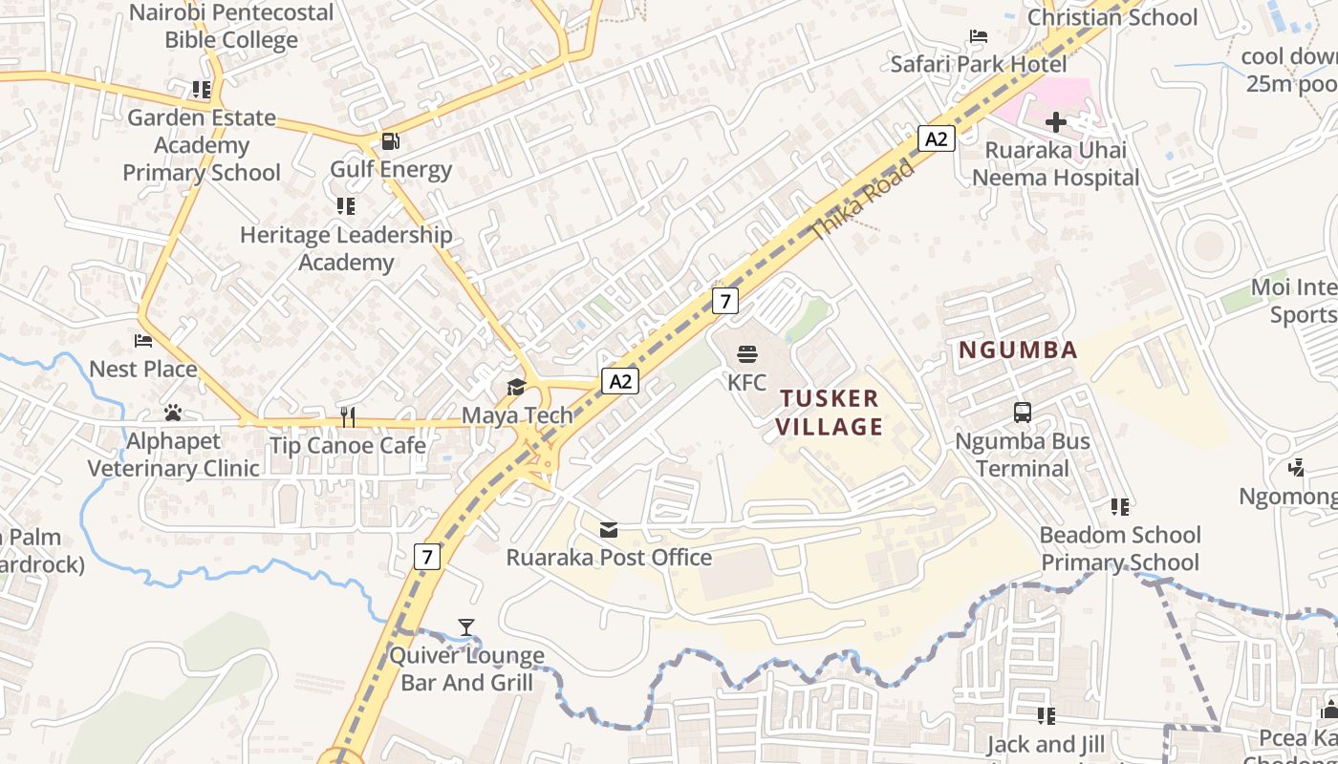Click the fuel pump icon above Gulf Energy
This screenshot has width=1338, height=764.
(390, 141)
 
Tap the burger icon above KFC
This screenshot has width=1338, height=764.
(747, 355)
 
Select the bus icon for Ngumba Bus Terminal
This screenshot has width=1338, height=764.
(1023, 413)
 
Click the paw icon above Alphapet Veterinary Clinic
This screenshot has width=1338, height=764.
(173, 413)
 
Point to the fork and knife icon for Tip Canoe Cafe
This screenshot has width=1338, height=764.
(348, 416)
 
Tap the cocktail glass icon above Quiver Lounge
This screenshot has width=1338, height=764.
(465, 627)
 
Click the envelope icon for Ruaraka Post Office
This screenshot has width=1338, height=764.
(609, 529)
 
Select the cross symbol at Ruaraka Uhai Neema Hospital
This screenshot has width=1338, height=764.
(1055, 121)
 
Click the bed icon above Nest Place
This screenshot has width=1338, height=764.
(143, 341)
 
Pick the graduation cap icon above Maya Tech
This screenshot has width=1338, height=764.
(516, 387)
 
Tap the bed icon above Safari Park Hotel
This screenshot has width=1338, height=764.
(978, 37)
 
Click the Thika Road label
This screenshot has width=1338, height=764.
(862, 200)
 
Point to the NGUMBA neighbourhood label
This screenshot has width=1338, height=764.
(1018, 350)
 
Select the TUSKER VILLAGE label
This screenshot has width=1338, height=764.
(829, 412)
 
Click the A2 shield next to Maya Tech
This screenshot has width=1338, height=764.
(621, 382)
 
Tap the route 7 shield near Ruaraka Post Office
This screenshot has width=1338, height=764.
(426, 556)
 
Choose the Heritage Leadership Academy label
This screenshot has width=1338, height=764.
(346, 248)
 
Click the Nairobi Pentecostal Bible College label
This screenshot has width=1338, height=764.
(231, 27)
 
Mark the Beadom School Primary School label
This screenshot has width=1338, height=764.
(1120, 548)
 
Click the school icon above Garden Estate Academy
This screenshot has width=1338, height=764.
(201, 90)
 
